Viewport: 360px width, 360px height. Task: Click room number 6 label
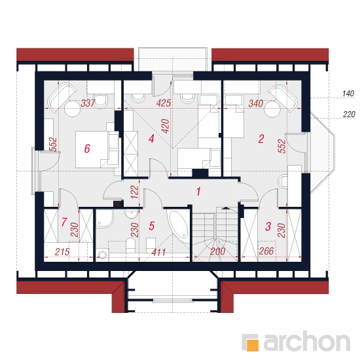point(87,149)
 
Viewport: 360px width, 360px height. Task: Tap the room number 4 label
point(151,139)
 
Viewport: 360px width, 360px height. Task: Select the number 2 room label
point(261,139)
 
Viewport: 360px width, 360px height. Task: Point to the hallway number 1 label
point(198,192)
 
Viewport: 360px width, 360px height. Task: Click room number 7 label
point(64,222)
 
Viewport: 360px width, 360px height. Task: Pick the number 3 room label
point(268,226)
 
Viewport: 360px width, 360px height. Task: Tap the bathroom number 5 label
point(152,226)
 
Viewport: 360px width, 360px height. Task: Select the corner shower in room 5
point(104,219)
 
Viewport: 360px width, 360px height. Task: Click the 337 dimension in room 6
point(88,103)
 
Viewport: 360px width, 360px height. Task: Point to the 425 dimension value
point(163,103)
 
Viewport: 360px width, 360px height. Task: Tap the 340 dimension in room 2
point(256,103)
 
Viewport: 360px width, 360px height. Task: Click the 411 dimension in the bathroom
point(158,253)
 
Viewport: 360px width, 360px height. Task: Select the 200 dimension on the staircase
point(217,251)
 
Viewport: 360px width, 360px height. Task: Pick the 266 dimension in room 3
point(266,251)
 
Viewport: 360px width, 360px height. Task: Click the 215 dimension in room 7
point(62,252)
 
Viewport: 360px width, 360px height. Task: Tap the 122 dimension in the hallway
point(135,192)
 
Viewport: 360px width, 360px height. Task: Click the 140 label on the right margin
point(348,94)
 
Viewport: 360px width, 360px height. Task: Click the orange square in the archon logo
point(252,345)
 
